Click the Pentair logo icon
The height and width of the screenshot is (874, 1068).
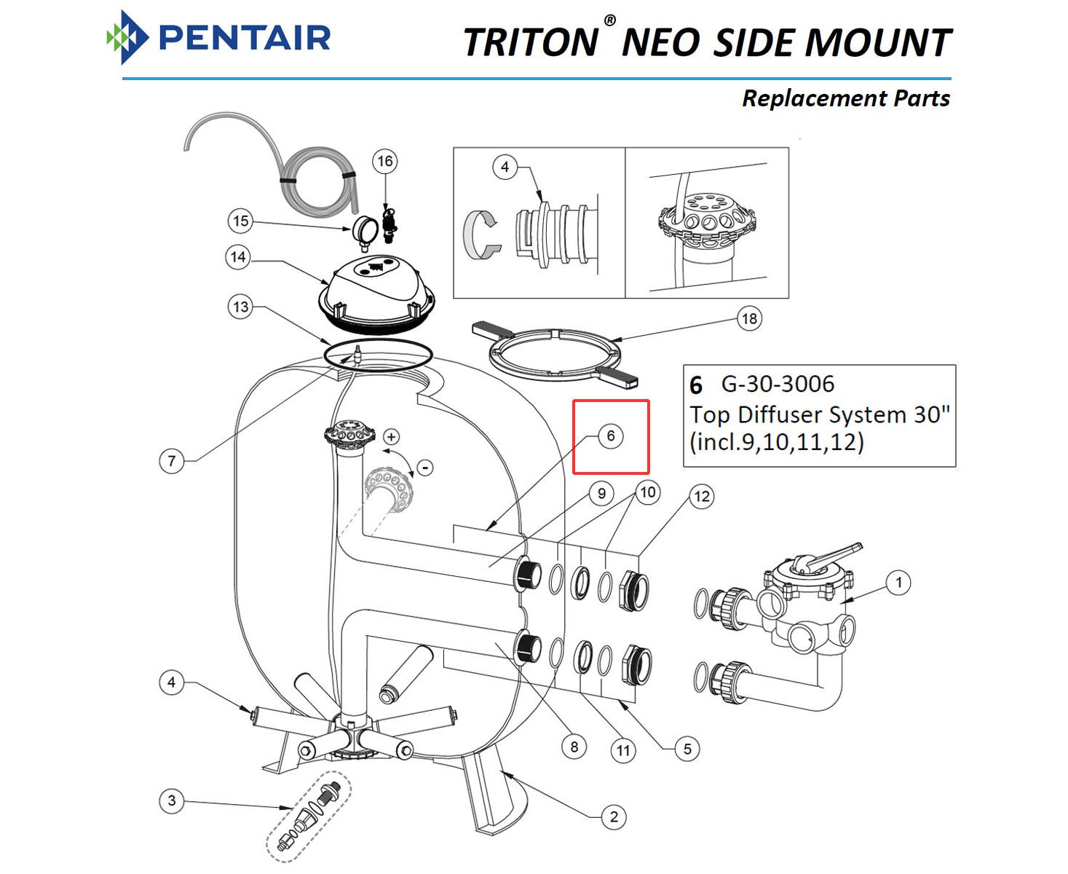click(127, 37)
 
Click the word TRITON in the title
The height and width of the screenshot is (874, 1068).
click(531, 42)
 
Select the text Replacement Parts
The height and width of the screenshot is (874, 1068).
click(845, 98)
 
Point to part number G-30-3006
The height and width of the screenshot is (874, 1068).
click(778, 384)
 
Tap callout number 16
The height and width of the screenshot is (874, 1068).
click(385, 161)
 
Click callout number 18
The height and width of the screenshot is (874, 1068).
click(749, 318)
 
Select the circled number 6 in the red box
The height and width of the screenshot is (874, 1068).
click(611, 436)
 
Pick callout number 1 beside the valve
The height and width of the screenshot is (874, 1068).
click(898, 582)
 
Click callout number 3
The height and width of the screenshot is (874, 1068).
click(172, 801)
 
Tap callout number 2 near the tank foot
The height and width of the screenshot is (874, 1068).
click(614, 816)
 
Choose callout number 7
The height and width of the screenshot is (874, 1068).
click(172, 460)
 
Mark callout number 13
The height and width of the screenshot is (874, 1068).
click(240, 307)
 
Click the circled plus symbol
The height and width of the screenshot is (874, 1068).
click(392, 436)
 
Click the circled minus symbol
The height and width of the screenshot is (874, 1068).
click(425, 467)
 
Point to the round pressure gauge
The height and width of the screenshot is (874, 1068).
click(363, 230)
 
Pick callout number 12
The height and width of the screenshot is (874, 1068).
click(701, 497)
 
